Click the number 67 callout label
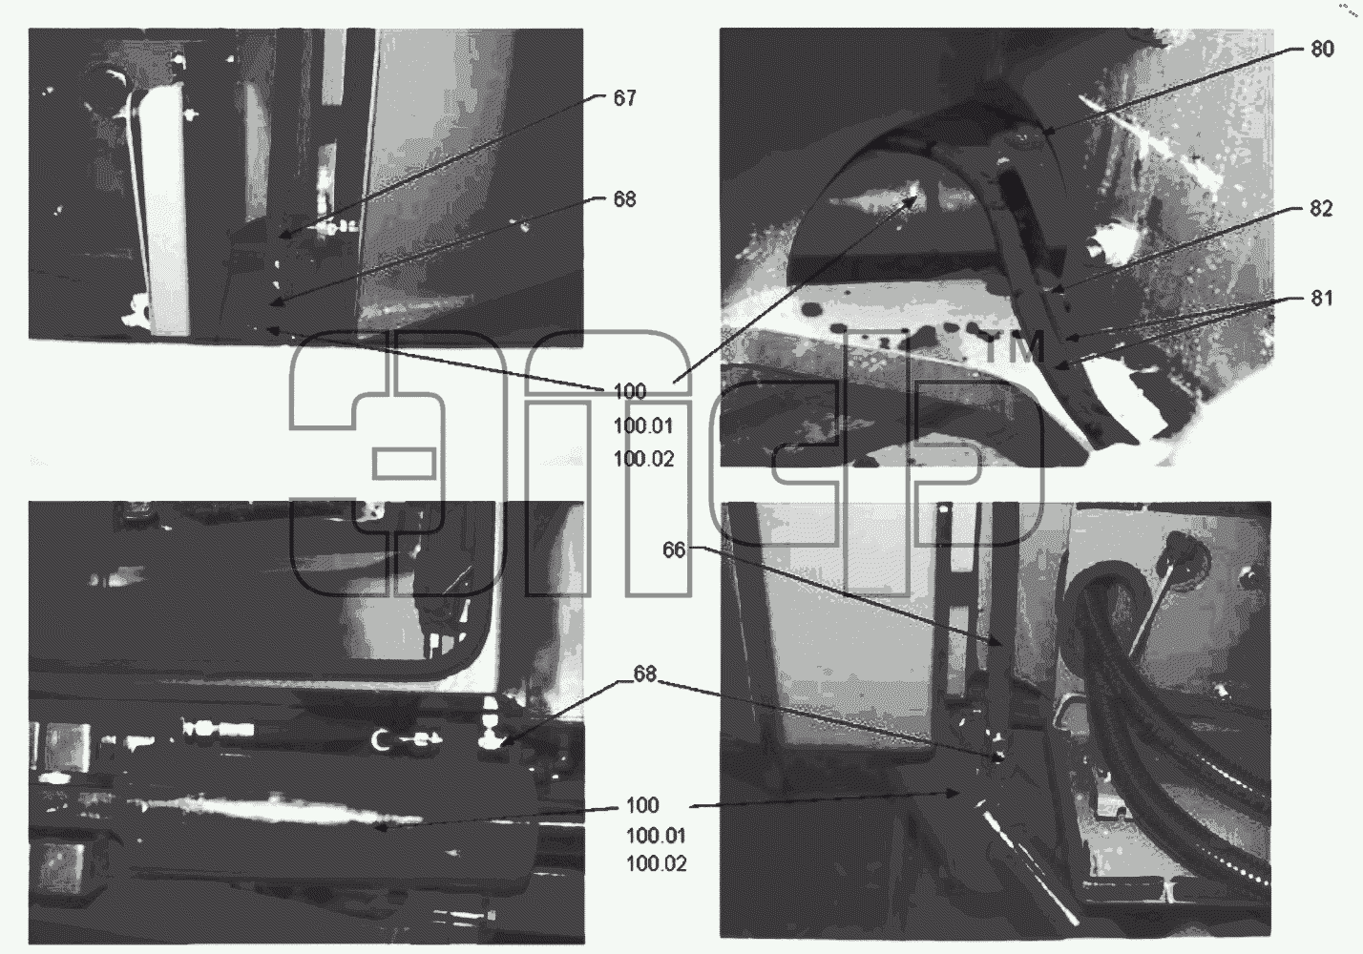pyautogui.click(x=624, y=98)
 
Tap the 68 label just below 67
pyautogui.click(x=624, y=198)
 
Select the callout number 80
pyautogui.click(x=1322, y=49)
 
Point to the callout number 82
pyautogui.click(x=1321, y=209)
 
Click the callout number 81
pyautogui.click(x=1321, y=298)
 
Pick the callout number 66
pyautogui.click(x=674, y=550)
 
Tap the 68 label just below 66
pyautogui.click(x=645, y=674)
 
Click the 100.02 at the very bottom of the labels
pyautogui.click(x=657, y=863)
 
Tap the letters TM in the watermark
pyautogui.click(x=1015, y=349)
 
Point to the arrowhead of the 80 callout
pyautogui.click(x=1045, y=130)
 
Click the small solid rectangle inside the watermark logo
pyautogui.click(x=404, y=464)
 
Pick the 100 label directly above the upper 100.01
pyautogui.click(x=630, y=391)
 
